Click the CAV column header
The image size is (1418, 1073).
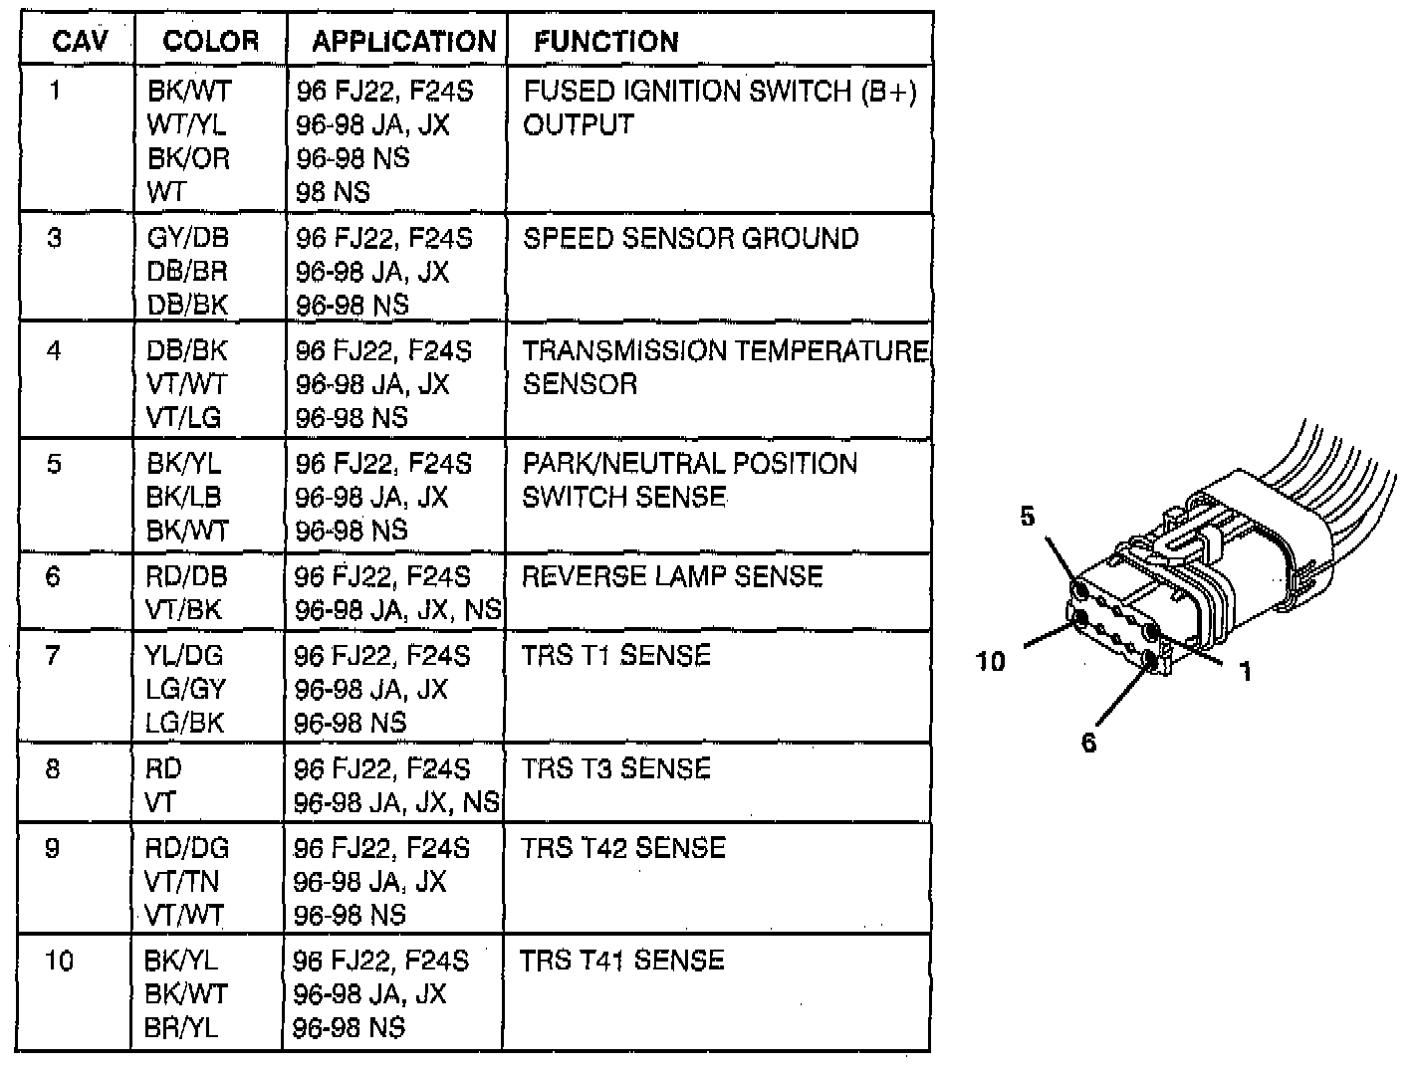[x=79, y=41]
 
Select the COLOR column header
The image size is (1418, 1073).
[x=210, y=41]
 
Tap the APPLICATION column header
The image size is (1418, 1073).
[x=403, y=41]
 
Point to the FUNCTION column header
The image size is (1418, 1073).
[x=605, y=41]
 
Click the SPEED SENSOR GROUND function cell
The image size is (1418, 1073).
[x=690, y=239]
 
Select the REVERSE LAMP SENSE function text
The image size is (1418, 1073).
[x=672, y=577]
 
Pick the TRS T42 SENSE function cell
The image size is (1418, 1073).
[x=623, y=848]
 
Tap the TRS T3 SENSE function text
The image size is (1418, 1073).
[x=615, y=769]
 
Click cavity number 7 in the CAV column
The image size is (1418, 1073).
[x=53, y=656]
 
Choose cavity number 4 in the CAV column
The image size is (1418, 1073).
[x=54, y=351]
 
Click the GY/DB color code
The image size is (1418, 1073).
[x=188, y=239]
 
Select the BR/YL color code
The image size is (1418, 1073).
[x=181, y=1028]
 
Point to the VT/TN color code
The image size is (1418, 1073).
[x=182, y=882]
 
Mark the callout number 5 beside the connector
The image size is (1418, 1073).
[x=1027, y=516]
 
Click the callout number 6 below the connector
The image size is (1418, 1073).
[x=1088, y=743]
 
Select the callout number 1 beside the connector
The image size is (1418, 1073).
[x=1244, y=672]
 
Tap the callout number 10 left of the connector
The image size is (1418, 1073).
[x=991, y=661]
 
